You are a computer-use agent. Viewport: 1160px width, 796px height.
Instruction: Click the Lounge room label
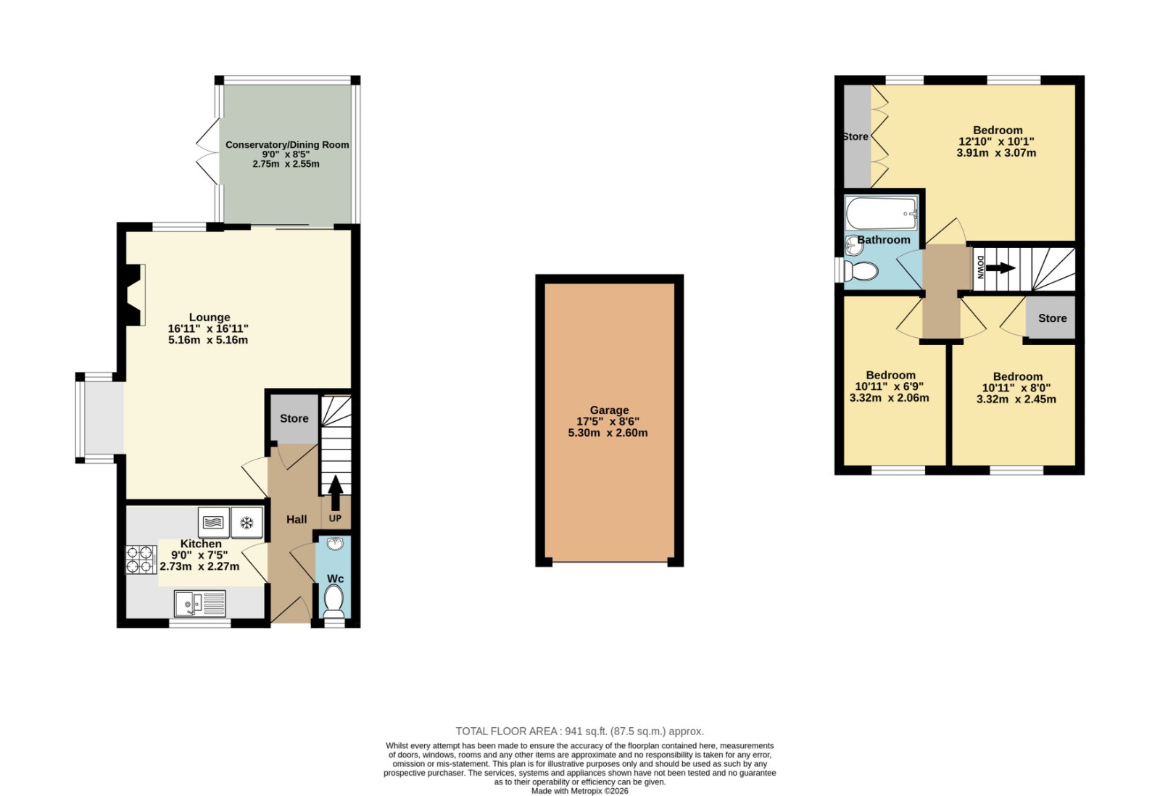tap(210, 318)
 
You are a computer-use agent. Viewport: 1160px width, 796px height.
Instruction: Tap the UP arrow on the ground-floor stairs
tap(336, 492)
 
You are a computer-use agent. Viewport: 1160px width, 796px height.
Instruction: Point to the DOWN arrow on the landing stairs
tap(1000, 268)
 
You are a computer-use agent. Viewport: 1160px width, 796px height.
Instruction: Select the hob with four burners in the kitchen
tap(141, 560)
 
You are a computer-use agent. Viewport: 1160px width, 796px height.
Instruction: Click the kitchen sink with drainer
tap(200, 604)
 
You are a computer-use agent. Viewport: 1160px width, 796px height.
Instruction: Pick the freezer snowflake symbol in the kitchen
tap(246, 523)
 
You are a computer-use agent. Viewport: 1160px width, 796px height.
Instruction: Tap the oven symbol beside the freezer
tap(213, 523)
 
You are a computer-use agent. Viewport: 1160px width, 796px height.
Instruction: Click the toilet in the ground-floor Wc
tap(334, 601)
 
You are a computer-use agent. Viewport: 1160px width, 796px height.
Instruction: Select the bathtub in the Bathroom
tap(882, 213)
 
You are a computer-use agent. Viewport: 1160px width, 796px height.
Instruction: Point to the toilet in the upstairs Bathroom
tap(861, 271)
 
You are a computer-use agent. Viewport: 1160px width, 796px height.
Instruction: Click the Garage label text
tap(609, 410)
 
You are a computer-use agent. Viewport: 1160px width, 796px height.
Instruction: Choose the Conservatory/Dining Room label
tap(287, 145)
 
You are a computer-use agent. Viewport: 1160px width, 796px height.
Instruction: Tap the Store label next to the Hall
tap(294, 418)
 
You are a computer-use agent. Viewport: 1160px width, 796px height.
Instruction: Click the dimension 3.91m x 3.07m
tap(996, 153)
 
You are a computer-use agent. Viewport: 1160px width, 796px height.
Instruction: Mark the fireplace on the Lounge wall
tap(133, 295)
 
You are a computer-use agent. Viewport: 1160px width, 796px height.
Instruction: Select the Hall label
tap(297, 520)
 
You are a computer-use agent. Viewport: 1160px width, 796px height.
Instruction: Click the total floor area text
tap(579, 731)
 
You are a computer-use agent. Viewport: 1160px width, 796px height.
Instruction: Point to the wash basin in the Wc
tap(335, 544)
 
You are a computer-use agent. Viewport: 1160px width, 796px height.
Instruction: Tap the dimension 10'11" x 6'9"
tap(889, 386)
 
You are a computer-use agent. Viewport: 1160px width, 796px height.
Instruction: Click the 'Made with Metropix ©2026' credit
tap(579, 791)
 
